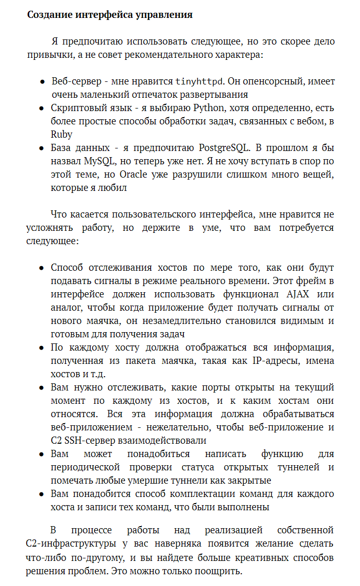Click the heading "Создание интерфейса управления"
point(110,15)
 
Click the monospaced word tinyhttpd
point(200,81)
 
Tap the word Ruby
point(61,135)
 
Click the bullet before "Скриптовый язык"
point(43,108)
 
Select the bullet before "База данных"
point(43,148)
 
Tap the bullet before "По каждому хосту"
point(43,348)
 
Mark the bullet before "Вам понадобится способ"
point(43,494)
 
